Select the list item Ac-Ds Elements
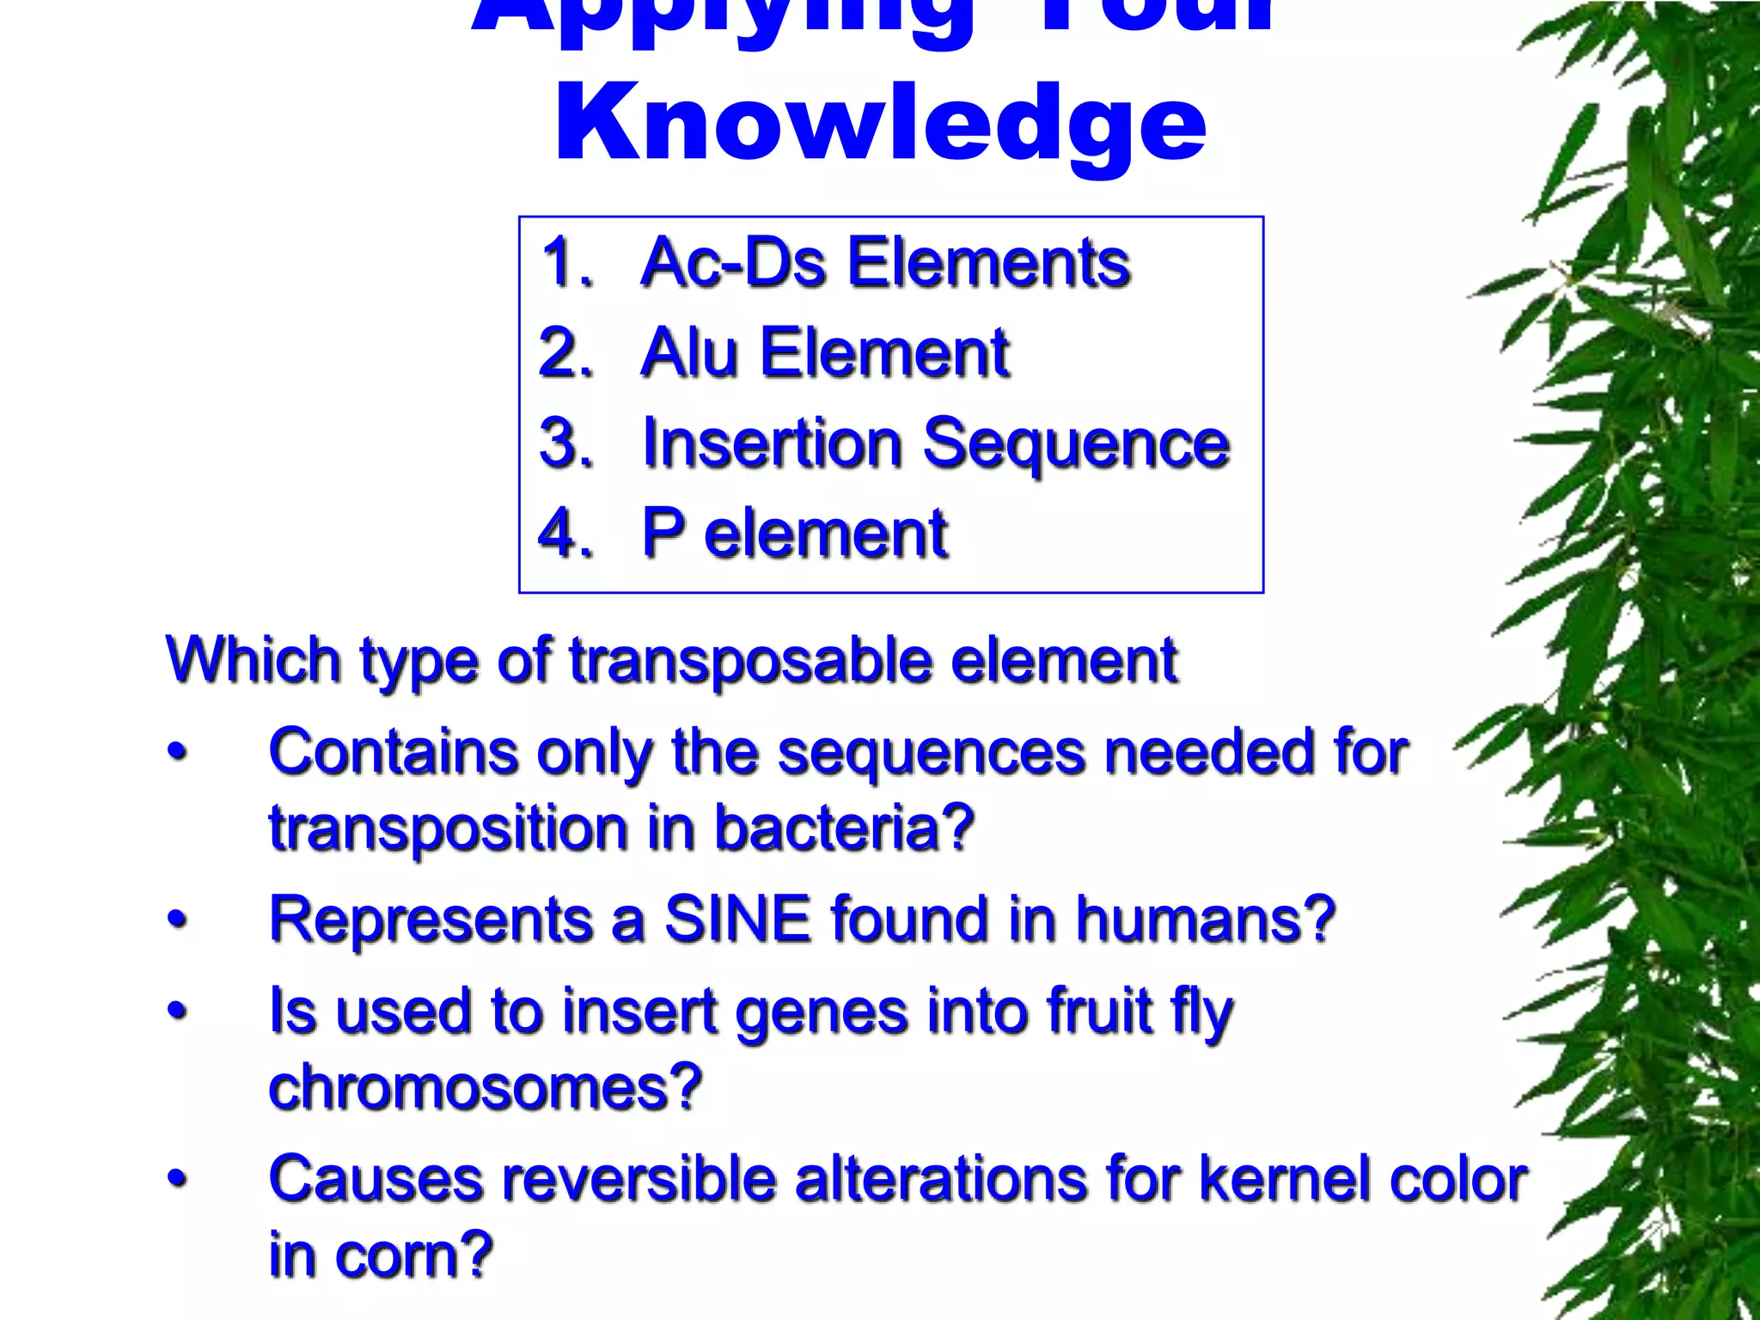coord(885,262)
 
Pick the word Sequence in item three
coord(1076,443)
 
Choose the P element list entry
coord(795,534)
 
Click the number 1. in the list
coord(566,262)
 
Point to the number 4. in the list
coord(566,534)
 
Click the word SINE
coord(737,920)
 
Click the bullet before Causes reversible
coord(176,1179)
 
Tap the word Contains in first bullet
coord(393,752)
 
